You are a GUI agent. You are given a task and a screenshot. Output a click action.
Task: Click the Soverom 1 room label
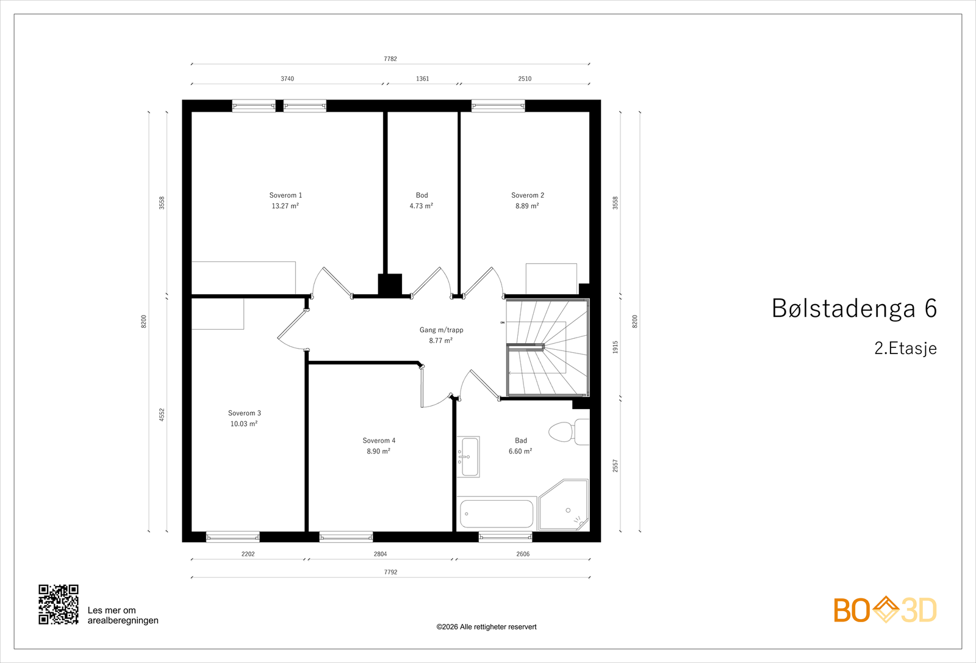[285, 195]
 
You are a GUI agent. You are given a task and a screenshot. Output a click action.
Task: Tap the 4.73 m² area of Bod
[421, 206]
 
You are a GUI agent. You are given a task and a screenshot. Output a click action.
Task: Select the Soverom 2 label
[528, 195]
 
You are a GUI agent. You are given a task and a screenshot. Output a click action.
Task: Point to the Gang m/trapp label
[441, 330]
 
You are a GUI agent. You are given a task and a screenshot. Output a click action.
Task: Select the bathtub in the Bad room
[497, 513]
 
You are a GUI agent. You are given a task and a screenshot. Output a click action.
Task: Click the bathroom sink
[469, 457]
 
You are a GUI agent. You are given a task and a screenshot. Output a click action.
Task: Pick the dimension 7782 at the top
[390, 59]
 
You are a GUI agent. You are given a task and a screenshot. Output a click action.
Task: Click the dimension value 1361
[422, 79]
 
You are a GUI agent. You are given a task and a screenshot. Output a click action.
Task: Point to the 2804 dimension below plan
[380, 554]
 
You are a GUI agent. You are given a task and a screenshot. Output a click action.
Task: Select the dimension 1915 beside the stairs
[615, 347]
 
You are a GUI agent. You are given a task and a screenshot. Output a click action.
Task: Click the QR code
[59, 604]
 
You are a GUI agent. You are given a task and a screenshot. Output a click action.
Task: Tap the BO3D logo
[885, 610]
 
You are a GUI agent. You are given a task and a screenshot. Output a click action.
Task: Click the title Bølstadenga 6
[854, 309]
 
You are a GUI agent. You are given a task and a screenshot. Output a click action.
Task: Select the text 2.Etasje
[905, 349]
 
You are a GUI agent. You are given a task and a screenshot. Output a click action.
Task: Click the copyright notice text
[486, 627]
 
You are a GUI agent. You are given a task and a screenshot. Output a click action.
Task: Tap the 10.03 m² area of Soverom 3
[243, 424]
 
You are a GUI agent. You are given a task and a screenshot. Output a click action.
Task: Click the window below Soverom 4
[346, 537]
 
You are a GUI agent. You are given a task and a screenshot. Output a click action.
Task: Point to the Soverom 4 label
[379, 441]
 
